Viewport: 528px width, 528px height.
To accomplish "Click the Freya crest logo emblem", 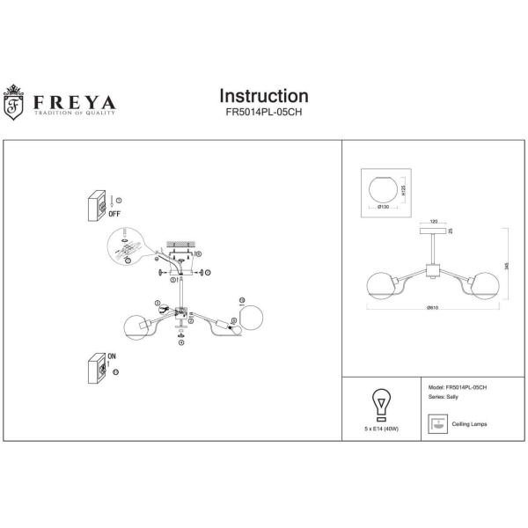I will pos(14,102).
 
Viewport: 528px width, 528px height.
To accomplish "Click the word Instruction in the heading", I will pos(263,96).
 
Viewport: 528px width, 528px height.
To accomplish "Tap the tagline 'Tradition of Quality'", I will pos(75,113).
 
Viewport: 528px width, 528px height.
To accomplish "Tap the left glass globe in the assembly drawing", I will pos(136,326).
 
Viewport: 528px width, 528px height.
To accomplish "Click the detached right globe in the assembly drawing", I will pos(251,317).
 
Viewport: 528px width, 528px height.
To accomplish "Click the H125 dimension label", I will pos(402,190).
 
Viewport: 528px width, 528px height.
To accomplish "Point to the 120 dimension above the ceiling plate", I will pos(434,221).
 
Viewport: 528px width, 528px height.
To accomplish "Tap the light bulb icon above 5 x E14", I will pos(380,403).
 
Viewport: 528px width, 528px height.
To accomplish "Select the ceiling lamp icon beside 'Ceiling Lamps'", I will pos(437,425).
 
